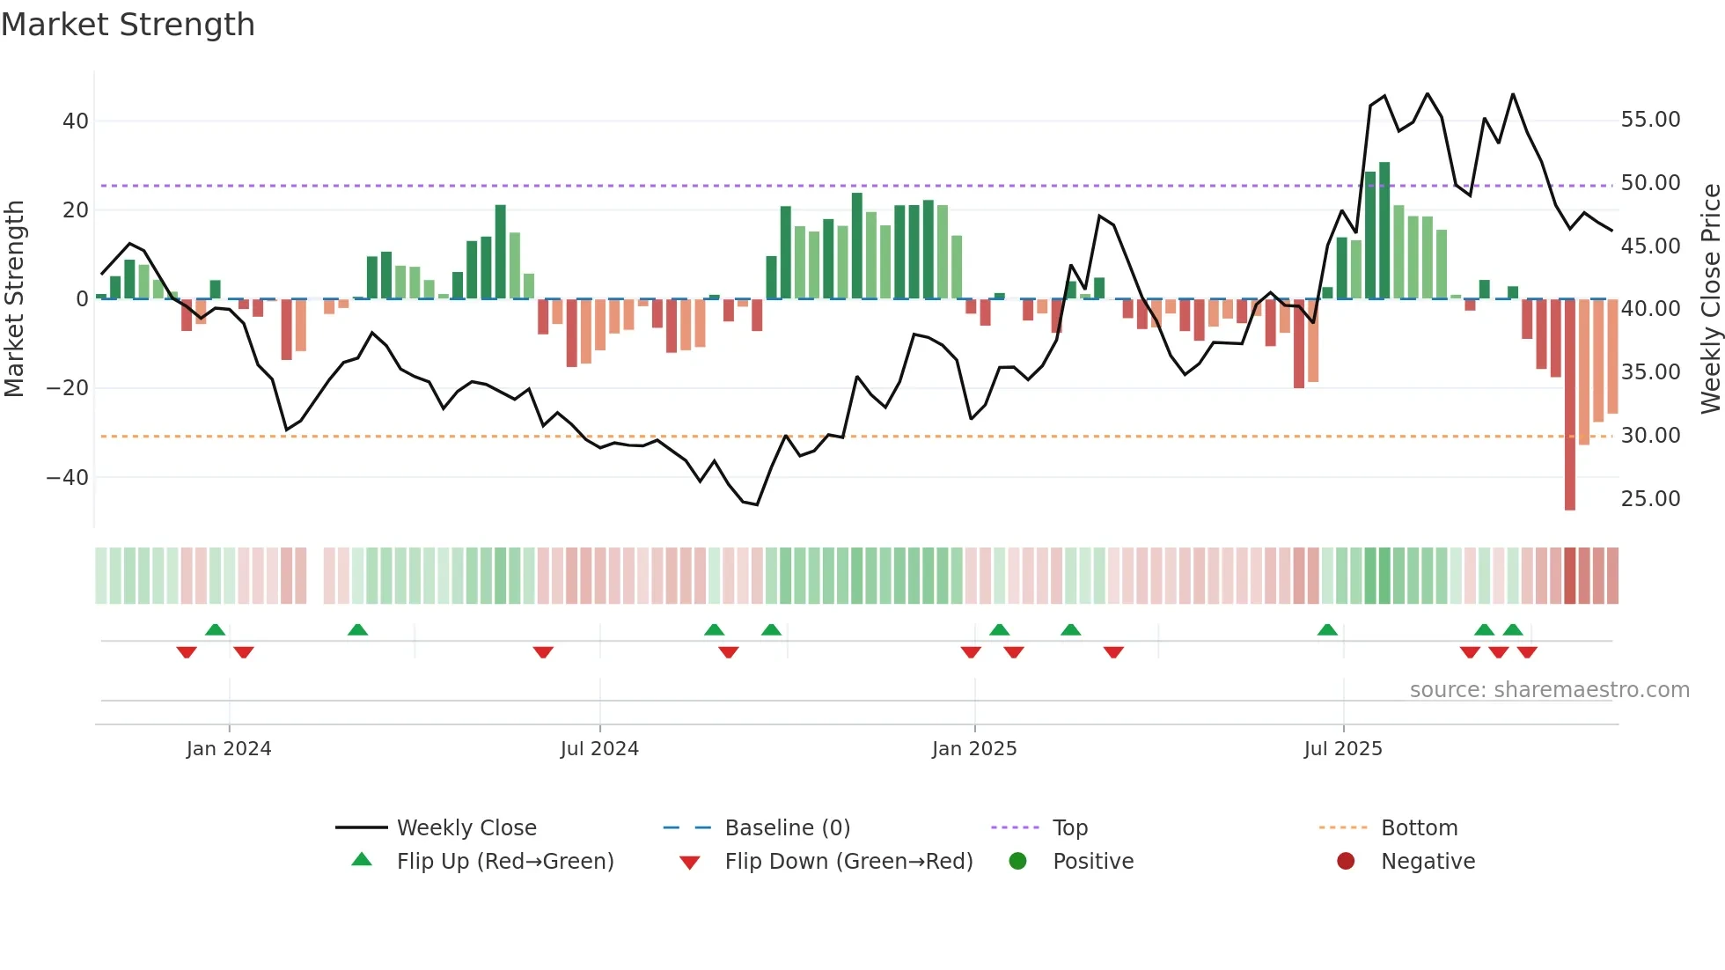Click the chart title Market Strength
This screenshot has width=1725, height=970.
pyautogui.click(x=128, y=25)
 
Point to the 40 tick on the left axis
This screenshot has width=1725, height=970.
pyautogui.click(x=76, y=121)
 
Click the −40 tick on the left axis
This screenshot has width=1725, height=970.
pyautogui.click(x=68, y=478)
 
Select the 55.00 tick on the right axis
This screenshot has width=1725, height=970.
pyautogui.click(x=1650, y=120)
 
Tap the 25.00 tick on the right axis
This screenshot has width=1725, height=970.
pyautogui.click(x=1650, y=499)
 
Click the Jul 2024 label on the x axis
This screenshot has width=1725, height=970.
pyautogui.click(x=599, y=749)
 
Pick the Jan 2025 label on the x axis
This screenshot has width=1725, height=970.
pyautogui.click(x=974, y=749)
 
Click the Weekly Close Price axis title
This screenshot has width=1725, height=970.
pyautogui.click(x=1710, y=299)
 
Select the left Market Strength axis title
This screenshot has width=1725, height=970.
pyautogui.click(x=14, y=299)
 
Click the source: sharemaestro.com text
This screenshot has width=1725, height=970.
pyautogui.click(x=1549, y=690)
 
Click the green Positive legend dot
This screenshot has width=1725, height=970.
pyautogui.click(x=1018, y=862)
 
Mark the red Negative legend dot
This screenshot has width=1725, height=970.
pyautogui.click(x=1346, y=862)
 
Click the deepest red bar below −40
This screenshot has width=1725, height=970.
pyautogui.click(x=1570, y=405)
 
